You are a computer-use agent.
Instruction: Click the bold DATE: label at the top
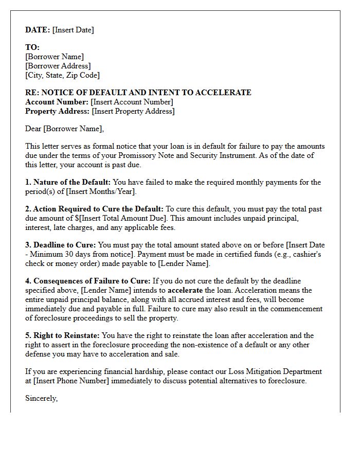[38, 30]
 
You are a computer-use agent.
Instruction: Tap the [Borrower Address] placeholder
[58, 66]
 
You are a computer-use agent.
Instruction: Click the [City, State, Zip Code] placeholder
[62, 75]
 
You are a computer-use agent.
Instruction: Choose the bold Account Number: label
[57, 102]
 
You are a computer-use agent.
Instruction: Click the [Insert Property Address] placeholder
[133, 111]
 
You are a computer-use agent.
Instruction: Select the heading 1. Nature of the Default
[67, 182]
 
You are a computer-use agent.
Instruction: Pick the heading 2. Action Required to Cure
[94, 209]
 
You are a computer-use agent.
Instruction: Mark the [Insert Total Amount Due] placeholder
[117, 218]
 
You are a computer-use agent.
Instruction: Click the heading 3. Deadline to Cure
[60, 245]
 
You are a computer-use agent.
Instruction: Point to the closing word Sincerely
[41, 398]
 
